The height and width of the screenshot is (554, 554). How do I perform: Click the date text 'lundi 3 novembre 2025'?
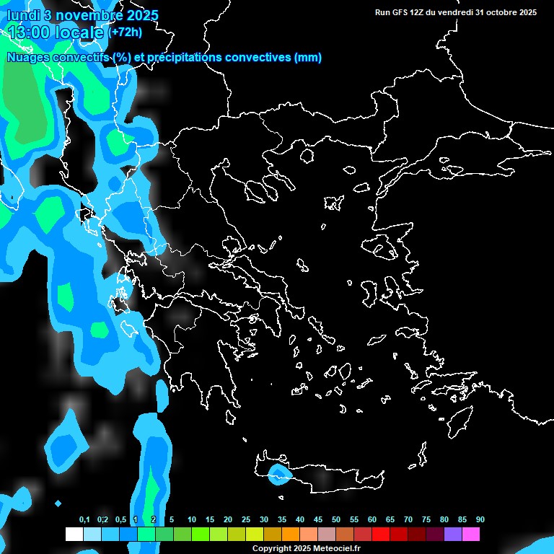click(83, 15)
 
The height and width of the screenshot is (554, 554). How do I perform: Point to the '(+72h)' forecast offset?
click(126, 32)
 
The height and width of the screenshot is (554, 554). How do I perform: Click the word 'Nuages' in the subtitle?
click(29, 58)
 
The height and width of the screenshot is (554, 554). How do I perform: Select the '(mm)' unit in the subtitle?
click(308, 58)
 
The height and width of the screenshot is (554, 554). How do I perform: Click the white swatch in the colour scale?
click(74, 535)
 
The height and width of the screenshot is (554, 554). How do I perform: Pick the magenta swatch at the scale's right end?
click(471, 535)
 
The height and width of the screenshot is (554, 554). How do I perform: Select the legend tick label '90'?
click(480, 519)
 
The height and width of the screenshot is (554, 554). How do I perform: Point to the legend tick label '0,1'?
click(84, 519)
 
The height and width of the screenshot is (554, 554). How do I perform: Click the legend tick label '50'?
click(336, 519)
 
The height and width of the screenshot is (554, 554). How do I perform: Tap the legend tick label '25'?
click(246, 519)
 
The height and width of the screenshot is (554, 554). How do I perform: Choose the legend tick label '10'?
click(192, 519)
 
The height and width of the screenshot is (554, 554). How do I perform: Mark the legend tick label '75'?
click(426, 519)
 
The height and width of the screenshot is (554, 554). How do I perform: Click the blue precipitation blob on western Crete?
click(278, 474)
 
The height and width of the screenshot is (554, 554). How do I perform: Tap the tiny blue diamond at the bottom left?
click(58, 503)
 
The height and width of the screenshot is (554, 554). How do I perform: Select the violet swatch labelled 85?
click(453, 535)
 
